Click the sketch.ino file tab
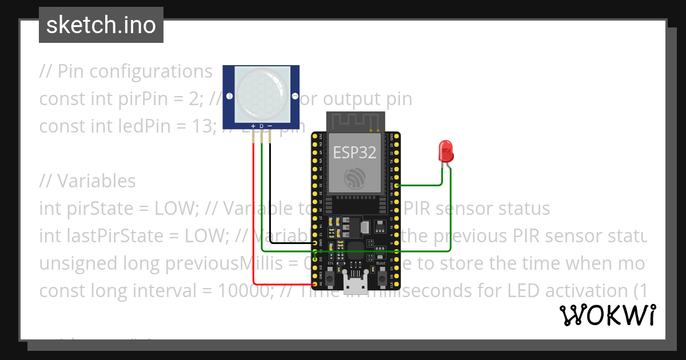[x=101, y=25]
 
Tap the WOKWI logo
[x=607, y=315]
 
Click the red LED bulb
[x=445, y=151]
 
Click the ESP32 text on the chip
[x=355, y=152]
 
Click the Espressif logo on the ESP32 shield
[x=355, y=178]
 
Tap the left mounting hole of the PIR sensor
[x=229, y=96]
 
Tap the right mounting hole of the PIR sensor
[x=295, y=96]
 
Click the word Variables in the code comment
[x=96, y=181]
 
